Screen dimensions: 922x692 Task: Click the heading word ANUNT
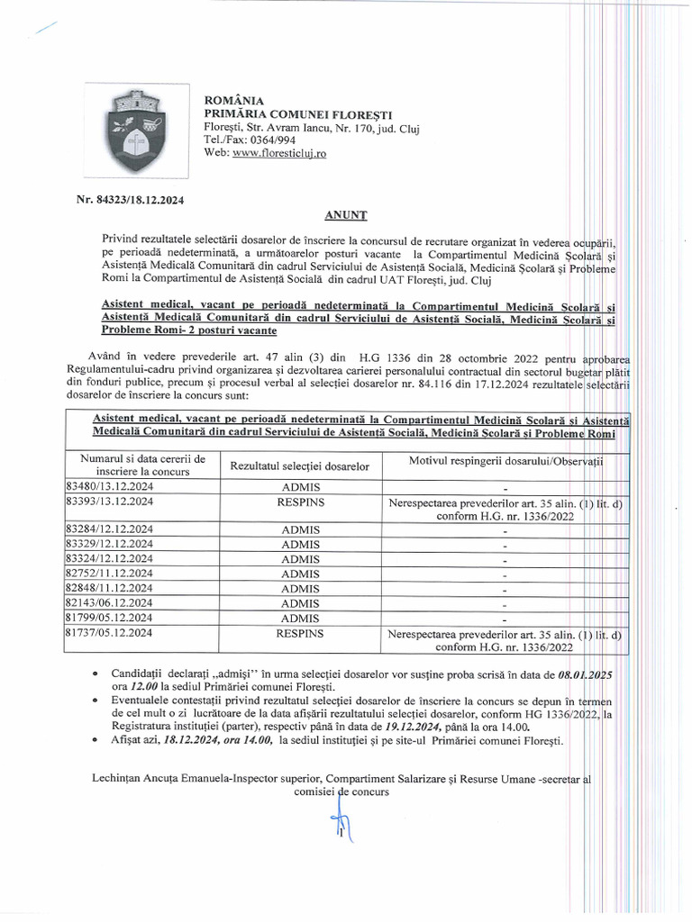[345, 216]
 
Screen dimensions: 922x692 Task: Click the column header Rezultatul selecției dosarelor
[300, 466]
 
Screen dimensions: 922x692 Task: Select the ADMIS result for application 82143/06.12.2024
[300, 603]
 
